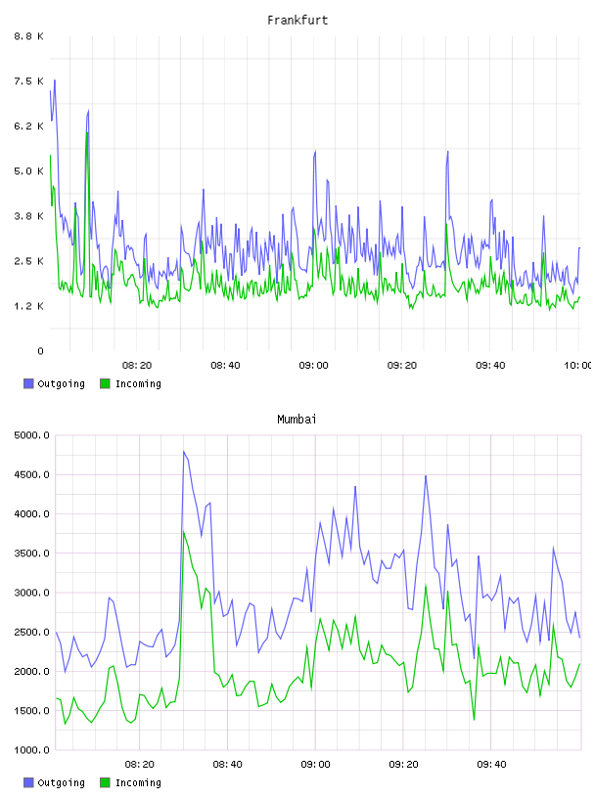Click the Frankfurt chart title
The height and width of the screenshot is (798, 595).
point(297,21)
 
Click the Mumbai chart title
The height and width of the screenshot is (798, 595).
point(297,420)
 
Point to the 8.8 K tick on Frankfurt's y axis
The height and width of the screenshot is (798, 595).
point(28,36)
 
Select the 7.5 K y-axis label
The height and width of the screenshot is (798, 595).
point(28,81)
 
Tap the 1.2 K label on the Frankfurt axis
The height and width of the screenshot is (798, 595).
point(28,306)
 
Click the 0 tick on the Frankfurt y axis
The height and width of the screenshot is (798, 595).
point(40,351)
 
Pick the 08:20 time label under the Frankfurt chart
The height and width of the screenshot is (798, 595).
point(137,366)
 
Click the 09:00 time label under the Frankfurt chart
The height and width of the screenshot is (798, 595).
point(314,366)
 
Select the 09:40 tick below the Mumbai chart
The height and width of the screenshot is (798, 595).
point(491,765)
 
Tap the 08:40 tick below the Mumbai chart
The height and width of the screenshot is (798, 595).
point(227,765)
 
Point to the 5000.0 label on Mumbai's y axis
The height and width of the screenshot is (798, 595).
point(31,435)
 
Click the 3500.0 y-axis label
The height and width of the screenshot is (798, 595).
point(31,554)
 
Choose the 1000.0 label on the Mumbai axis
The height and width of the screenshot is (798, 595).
point(31,750)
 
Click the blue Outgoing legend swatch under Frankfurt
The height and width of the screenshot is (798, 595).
point(28,383)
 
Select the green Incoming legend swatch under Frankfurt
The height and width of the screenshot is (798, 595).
point(105,383)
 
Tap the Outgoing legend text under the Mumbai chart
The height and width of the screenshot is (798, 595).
point(61,783)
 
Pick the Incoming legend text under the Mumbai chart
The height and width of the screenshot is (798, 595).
point(138,783)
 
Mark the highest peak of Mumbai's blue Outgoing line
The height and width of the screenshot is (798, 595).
point(183,452)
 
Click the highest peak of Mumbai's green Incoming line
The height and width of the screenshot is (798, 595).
point(183,531)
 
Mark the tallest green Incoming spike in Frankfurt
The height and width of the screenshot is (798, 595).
point(88,132)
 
